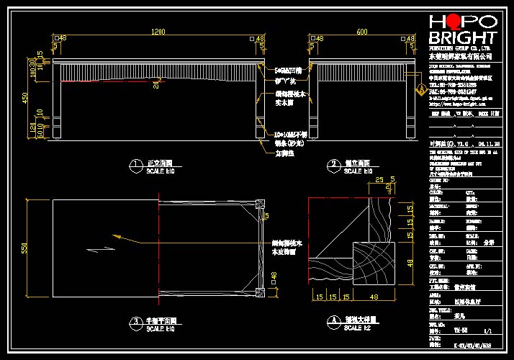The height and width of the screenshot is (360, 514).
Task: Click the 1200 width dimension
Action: pyautogui.click(x=158, y=32)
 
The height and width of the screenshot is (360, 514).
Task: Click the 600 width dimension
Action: pyautogui.click(x=361, y=32)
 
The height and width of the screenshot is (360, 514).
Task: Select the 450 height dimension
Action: pyautogui.click(x=24, y=98)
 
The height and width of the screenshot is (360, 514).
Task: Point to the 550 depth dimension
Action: pyautogui.click(x=24, y=248)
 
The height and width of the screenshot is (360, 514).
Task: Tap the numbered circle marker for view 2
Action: pyautogui.click(x=332, y=166)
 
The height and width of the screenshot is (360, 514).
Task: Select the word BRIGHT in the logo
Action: pyautogui.click(x=462, y=38)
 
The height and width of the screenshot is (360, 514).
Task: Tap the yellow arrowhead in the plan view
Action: pyautogui.click(x=117, y=235)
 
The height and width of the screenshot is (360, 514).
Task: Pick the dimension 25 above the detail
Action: pyautogui.click(x=379, y=180)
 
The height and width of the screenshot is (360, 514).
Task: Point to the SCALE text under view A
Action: pyautogui.click(x=358, y=328)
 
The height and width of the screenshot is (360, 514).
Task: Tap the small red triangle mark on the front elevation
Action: pyautogui.click(x=154, y=84)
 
